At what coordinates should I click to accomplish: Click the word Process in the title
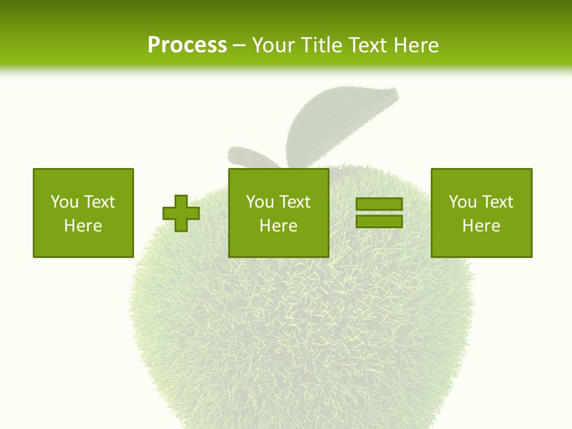tap(187, 45)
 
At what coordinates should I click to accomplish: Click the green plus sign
tap(181, 213)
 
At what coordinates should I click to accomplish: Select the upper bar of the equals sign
tap(379, 204)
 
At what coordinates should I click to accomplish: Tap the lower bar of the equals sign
tap(379, 221)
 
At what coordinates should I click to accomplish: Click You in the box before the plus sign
tap(64, 202)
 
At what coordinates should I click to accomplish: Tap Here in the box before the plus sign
tap(83, 226)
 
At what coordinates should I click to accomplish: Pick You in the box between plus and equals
tap(260, 202)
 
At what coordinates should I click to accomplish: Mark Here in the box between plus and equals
tap(279, 226)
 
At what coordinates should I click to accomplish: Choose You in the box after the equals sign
tap(462, 202)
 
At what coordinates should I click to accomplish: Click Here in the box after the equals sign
tap(481, 226)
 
